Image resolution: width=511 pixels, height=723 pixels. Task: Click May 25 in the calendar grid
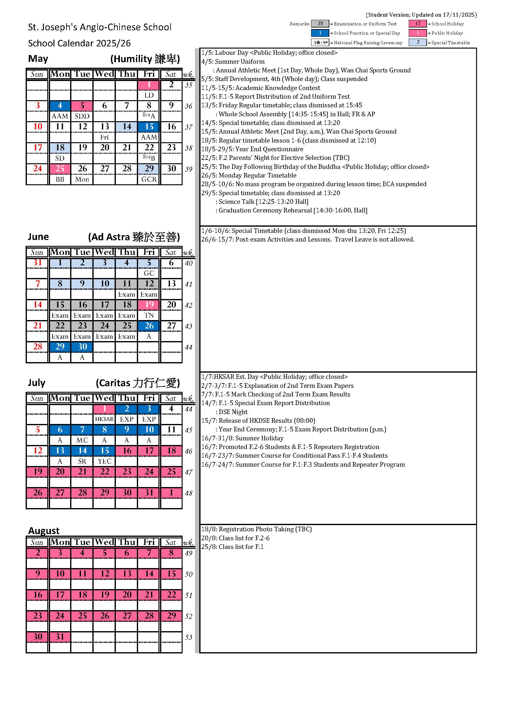point(60,169)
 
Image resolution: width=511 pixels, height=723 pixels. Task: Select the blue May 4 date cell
point(60,105)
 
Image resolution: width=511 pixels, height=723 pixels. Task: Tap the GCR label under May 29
point(149,179)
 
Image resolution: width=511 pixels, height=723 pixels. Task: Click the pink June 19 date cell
point(149,305)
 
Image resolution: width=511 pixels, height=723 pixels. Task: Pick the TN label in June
point(149,315)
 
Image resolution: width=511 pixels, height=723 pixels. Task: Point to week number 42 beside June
point(188,305)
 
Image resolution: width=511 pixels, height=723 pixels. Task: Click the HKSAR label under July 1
point(104,419)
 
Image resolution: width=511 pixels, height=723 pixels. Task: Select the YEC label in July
point(104,461)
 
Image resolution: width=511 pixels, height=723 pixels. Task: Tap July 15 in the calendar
point(104,451)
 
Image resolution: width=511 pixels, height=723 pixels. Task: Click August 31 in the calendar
point(60,637)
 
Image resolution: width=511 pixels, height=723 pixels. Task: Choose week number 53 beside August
point(188,637)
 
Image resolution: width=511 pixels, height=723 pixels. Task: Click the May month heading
point(38,58)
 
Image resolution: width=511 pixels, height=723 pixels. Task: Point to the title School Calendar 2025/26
point(79,43)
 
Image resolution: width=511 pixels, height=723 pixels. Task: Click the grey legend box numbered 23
point(320,24)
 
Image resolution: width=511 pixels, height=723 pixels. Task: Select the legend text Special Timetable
point(450,42)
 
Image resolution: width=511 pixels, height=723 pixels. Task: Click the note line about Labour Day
point(269,53)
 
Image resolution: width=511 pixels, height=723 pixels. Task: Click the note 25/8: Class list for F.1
point(232,547)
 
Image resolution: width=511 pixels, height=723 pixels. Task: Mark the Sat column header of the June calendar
point(171,252)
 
